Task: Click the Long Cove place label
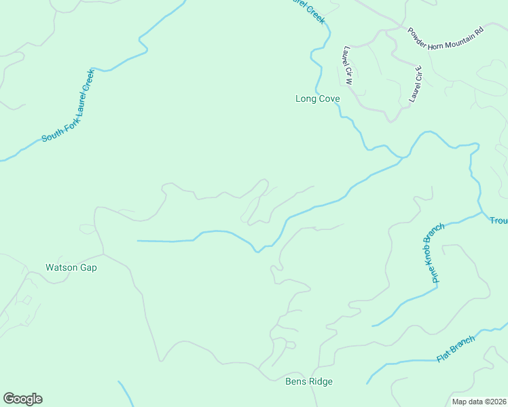pyautogui.click(x=317, y=98)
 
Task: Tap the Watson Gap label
pyautogui.click(x=71, y=267)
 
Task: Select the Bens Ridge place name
pyautogui.click(x=308, y=381)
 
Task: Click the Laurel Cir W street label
pyautogui.click(x=348, y=65)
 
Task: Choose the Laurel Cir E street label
pyautogui.click(x=416, y=84)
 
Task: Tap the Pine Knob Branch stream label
pyautogui.click(x=432, y=252)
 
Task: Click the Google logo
pyautogui.click(x=22, y=399)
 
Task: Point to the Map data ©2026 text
pyautogui.click(x=479, y=402)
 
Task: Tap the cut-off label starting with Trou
pyautogui.click(x=498, y=220)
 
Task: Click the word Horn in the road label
pyautogui.click(x=432, y=37)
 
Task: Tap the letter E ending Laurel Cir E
pyautogui.click(x=419, y=69)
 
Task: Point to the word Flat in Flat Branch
pyautogui.click(x=444, y=355)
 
